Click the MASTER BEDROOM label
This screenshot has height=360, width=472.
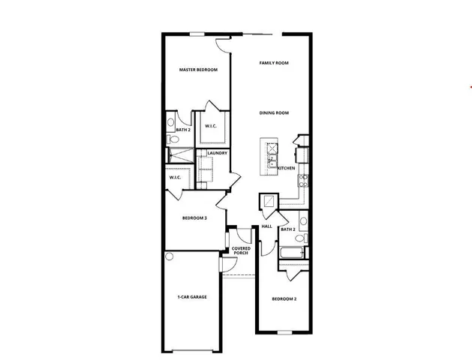(198, 70)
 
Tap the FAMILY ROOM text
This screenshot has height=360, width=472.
(274, 63)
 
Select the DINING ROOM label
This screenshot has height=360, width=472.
(274, 112)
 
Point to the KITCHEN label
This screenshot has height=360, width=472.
(286, 168)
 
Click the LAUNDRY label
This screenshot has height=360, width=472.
(218, 154)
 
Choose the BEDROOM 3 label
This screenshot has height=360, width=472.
(194, 218)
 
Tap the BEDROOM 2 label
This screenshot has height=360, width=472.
(284, 298)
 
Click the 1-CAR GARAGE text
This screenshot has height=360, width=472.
(192, 297)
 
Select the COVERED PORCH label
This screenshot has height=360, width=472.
(241, 250)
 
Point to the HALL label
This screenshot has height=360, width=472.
(266, 226)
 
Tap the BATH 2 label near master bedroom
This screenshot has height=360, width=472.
(183, 130)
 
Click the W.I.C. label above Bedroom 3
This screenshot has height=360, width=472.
(175, 178)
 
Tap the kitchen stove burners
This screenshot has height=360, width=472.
(302, 179)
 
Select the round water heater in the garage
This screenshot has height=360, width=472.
(170, 257)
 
